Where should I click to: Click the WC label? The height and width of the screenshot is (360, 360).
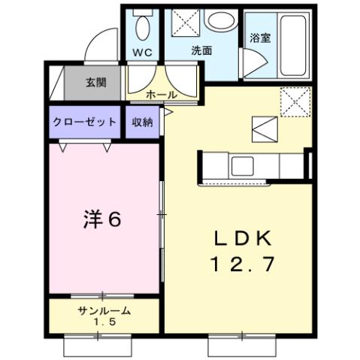(143, 53)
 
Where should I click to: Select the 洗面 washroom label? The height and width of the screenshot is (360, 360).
(201, 51)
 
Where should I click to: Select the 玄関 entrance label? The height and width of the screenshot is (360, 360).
(95, 82)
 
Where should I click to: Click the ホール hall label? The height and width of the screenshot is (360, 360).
(162, 95)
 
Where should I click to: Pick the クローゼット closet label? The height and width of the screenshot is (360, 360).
(85, 122)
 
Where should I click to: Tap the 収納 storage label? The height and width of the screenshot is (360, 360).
(143, 122)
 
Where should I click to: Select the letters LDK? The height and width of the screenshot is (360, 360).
(237, 239)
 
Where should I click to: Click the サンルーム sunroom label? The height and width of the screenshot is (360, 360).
(104, 311)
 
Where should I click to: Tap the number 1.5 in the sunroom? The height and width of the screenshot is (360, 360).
(104, 322)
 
